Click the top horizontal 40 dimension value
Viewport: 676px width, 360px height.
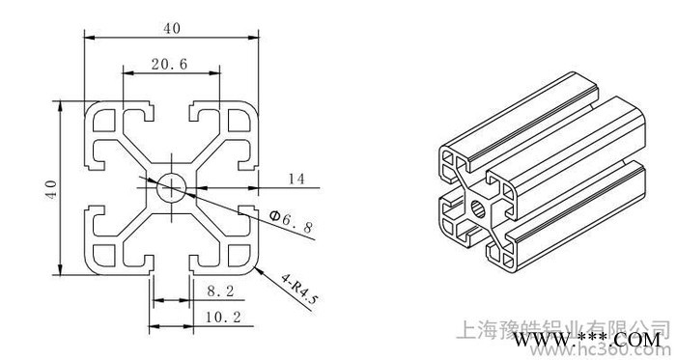172,28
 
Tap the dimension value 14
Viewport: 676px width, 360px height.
296,179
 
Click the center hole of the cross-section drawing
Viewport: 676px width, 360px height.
172,186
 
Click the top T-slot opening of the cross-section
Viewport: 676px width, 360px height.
171,106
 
